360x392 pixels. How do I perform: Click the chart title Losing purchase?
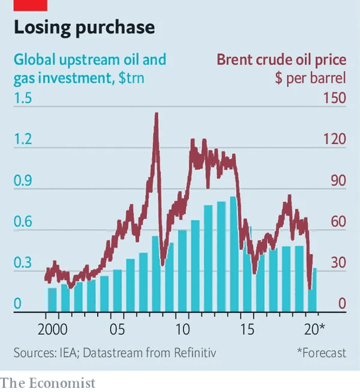coord(84,28)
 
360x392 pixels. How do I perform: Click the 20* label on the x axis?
coord(314,330)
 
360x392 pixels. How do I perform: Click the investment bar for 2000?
coord(52,300)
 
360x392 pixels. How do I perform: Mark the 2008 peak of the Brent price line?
coord(156,114)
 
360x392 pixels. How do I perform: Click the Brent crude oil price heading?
coord(281,60)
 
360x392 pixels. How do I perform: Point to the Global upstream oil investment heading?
coord(90,60)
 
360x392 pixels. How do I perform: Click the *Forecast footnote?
coord(321,353)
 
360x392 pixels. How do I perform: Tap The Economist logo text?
coord(48,382)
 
